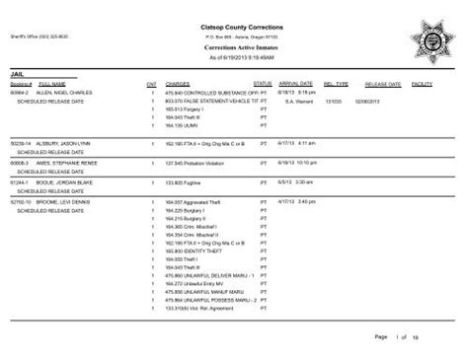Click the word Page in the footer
click(x=380, y=337)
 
